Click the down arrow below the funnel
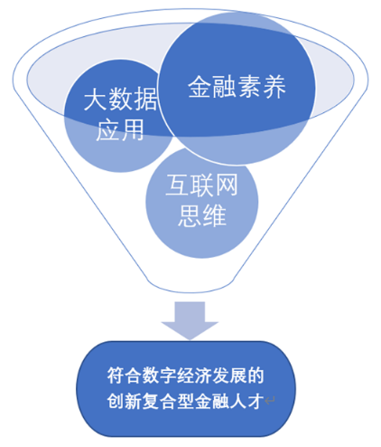click(x=190, y=320)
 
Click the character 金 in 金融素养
click(x=200, y=87)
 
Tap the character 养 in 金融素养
click(x=274, y=87)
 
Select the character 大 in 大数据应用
click(x=95, y=99)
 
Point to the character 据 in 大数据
click(x=145, y=99)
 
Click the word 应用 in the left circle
click(x=120, y=129)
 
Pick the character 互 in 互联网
click(x=177, y=185)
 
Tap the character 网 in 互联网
click(x=227, y=185)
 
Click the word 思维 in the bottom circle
click(x=202, y=215)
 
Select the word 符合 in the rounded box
click(x=125, y=376)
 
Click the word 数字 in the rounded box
click(x=160, y=376)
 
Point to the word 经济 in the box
click(x=194, y=376)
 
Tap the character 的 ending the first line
click(x=256, y=376)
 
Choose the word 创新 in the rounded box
click(x=125, y=401)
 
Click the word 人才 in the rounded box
click(x=246, y=401)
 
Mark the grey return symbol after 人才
click(x=270, y=401)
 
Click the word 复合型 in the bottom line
click(x=168, y=401)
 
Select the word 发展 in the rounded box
click(x=229, y=376)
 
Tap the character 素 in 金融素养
click(x=249, y=87)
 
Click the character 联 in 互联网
click(x=201, y=185)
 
